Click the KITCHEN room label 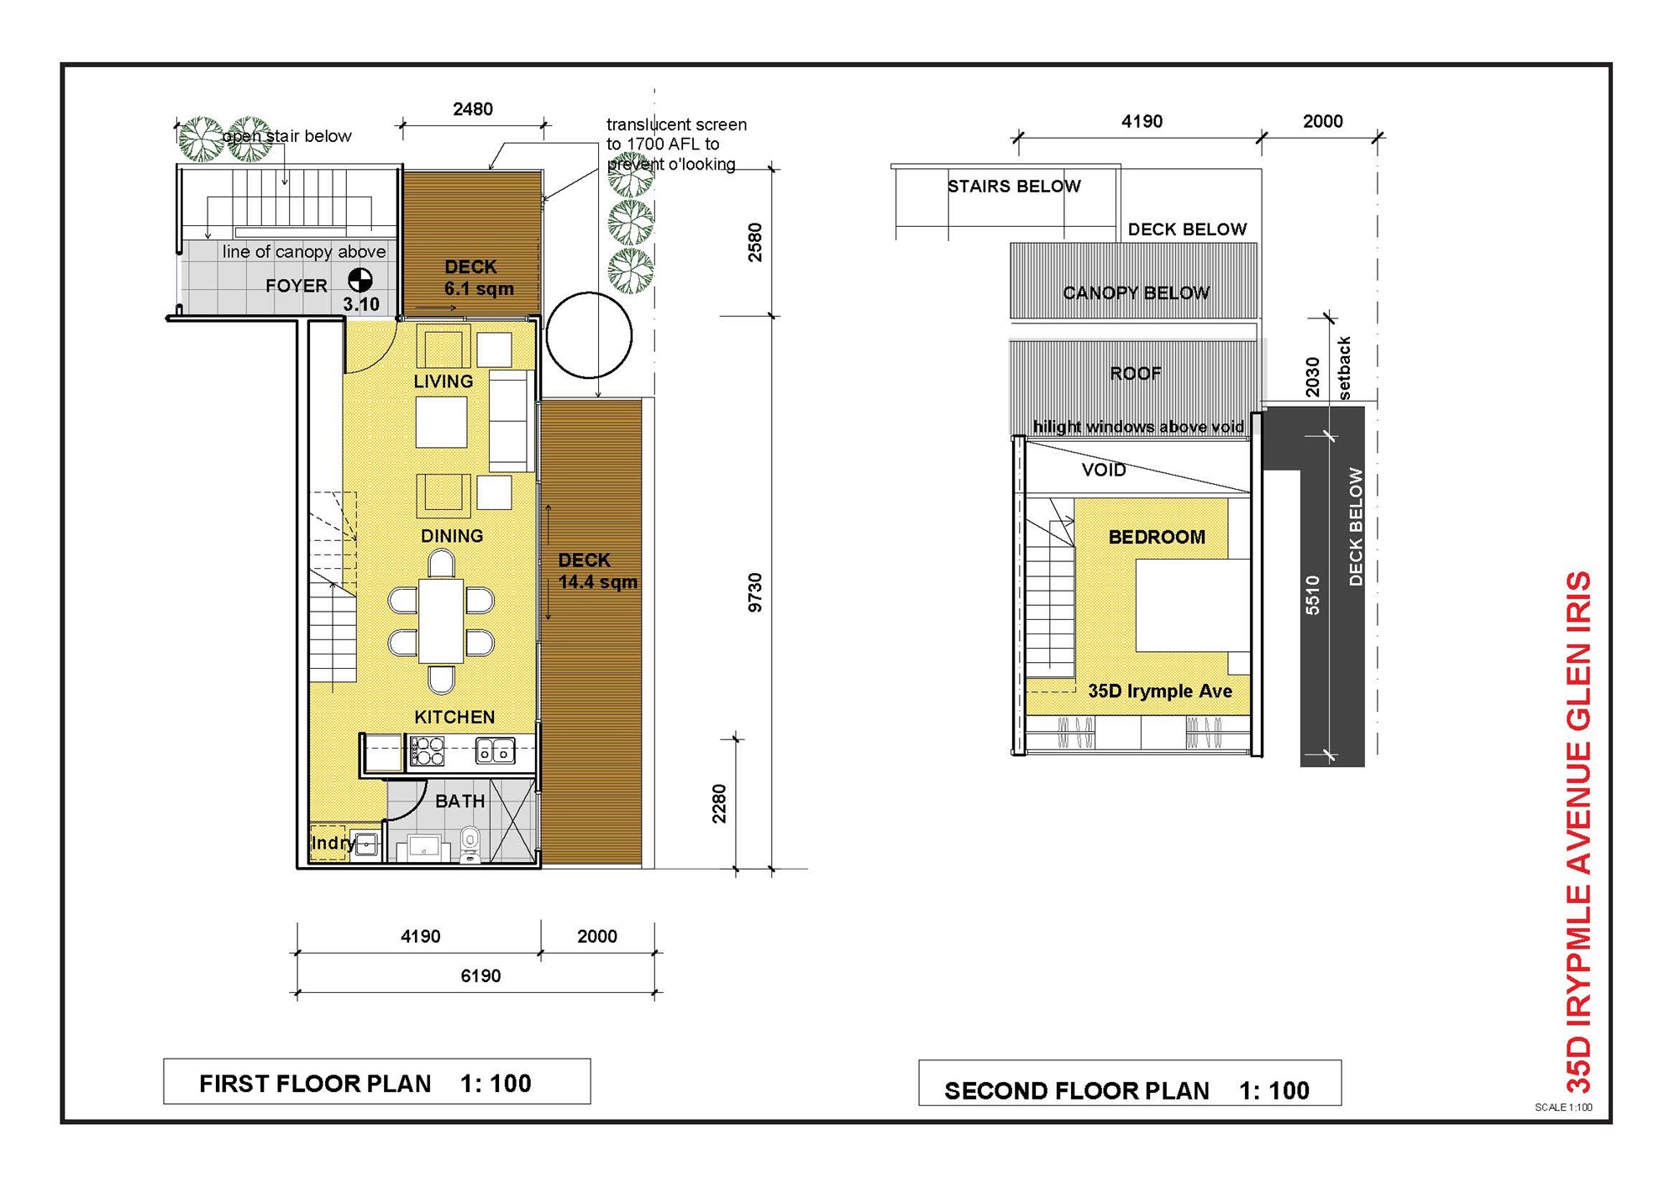point(454,717)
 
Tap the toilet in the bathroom point(470,844)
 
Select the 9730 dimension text point(755,592)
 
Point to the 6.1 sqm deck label point(479,289)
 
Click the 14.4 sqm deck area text point(598,582)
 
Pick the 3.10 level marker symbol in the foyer point(360,280)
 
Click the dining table point(441,621)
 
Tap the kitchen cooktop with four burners point(427,751)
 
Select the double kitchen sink point(496,750)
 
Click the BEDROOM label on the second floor point(1157,537)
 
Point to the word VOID point(1104,470)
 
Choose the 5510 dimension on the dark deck point(1313,595)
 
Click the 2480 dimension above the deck point(473,109)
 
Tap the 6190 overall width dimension point(480,976)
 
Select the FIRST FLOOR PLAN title point(315,1084)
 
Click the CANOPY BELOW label point(1136,293)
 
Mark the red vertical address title point(1579,832)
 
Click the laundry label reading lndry point(333,843)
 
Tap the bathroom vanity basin point(423,848)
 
